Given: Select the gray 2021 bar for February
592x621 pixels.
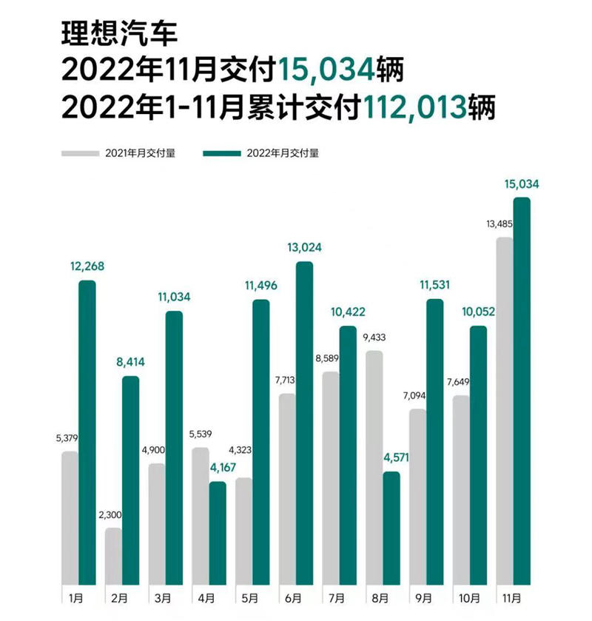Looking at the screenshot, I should point(113,555).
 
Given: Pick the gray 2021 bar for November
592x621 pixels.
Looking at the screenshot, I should point(505,410).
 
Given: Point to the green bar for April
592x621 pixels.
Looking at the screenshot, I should point(218,532).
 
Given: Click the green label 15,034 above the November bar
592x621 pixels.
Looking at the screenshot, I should point(522,184).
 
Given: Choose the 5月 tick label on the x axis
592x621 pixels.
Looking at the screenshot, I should point(249,597).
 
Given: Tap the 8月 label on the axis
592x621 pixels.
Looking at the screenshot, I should point(382,597).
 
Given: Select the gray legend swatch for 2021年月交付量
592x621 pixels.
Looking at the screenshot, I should point(81,153).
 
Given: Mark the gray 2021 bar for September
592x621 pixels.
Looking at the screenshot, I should point(417,496).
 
